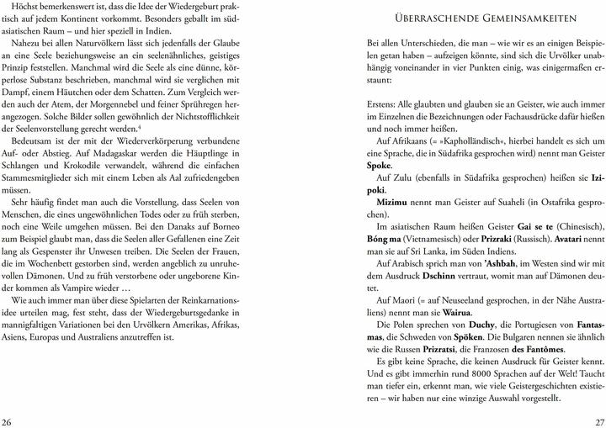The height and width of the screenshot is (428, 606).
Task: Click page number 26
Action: (x=8, y=420)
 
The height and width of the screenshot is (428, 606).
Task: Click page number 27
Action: (x=598, y=420)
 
